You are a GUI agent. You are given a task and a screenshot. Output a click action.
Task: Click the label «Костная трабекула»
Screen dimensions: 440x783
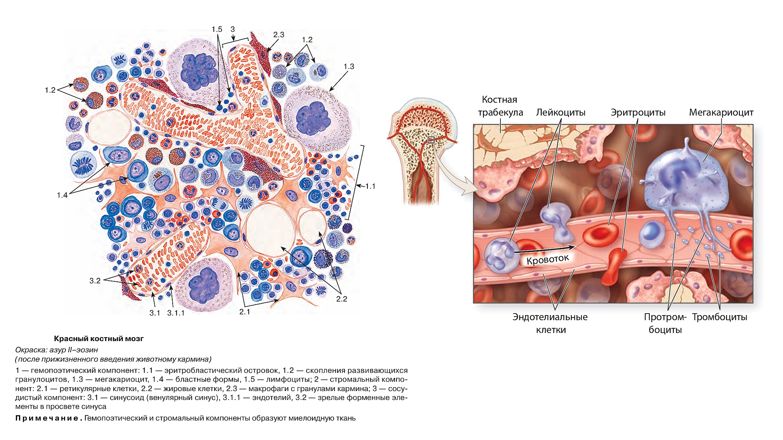pyautogui.click(x=500, y=106)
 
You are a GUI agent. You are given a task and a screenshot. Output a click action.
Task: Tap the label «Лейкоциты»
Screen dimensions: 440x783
pyautogui.click(x=561, y=112)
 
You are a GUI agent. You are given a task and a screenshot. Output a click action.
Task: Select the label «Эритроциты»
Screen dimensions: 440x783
pyautogui.click(x=638, y=112)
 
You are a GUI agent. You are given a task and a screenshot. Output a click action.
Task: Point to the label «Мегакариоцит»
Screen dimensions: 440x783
pyautogui.click(x=721, y=112)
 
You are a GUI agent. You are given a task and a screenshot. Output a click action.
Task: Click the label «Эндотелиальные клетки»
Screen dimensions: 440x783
pyautogui.click(x=550, y=323)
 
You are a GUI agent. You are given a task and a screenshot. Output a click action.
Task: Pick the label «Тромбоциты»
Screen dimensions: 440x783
pyautogui.click(x=719, y=317)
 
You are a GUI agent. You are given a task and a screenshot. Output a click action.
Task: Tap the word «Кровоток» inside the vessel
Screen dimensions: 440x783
pyautogui.click(x=547, y=259)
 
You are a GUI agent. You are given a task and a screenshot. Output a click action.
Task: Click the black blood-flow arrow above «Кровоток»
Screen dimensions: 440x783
pyautogui.click(x=544, y=249)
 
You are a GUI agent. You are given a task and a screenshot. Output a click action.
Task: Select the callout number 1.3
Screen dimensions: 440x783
pyautogui.click(x=349, y=67)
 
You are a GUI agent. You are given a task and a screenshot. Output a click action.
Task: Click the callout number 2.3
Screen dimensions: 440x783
pyautogui.click(x=279, y=35)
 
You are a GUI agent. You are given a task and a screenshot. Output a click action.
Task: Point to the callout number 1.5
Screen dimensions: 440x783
pyautogui.click(x=217, y=29)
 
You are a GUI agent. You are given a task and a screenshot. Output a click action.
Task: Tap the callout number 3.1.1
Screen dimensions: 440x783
pyautogui.click(x=176, y=313)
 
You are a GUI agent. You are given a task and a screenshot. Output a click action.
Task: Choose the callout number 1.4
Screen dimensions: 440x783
pyautogui.click(x=62, y=195)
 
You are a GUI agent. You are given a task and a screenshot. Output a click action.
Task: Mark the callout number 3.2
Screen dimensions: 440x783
pyautogui.click(x=95, y=281)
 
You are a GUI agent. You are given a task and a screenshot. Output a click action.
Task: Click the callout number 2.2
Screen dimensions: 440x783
pyautogui.click(x=342, y=299)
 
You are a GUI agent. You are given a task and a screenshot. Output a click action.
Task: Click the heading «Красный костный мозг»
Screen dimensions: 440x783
pyautogui.click(x=98, y=339)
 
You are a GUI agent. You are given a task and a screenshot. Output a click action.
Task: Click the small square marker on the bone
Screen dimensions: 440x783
pyautogui.click(x=431, y=140)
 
